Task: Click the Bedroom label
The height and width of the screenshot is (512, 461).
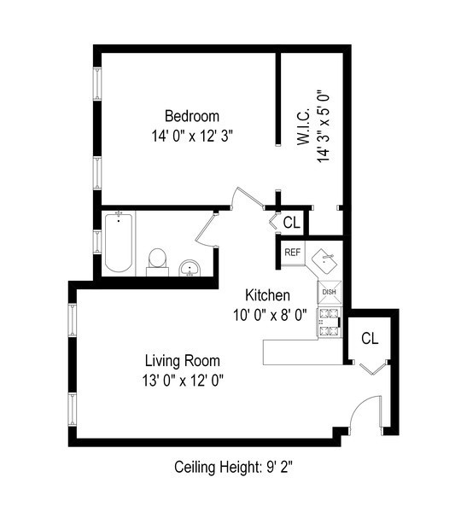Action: click(x=192, y=116)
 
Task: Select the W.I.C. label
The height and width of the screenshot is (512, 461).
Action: click(x=303, y=128)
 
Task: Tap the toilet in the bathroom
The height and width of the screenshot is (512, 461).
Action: click(x=157, y=259)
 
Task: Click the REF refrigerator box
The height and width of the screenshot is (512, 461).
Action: click(x=293, y=252)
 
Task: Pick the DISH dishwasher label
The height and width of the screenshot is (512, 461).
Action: click(x=330, y=292)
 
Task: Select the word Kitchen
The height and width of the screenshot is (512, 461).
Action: click(x=268, y=295)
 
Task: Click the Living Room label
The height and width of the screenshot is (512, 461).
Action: click(x=182, y=360)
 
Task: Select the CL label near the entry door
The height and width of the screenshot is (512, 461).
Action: click(x=370, y=338)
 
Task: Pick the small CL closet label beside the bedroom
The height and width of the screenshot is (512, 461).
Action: click(x=291, y=224)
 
